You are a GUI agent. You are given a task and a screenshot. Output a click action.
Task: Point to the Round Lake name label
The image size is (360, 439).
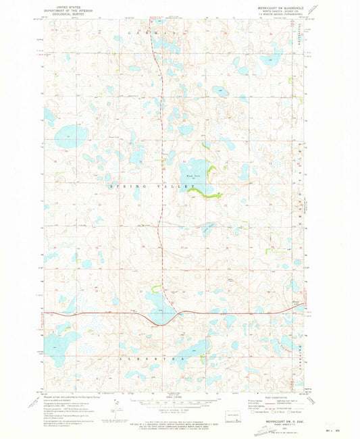(192, 175)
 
